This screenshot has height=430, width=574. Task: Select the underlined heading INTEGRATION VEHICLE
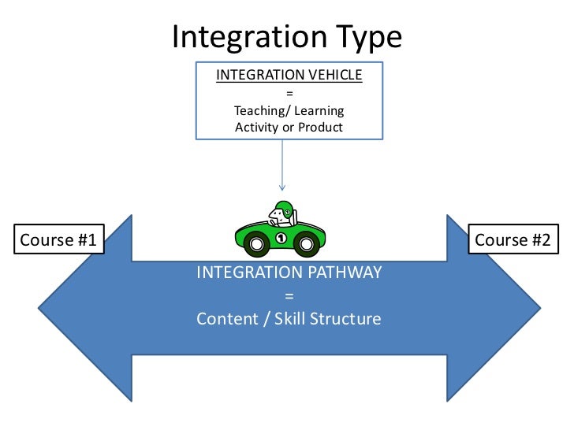(x=289, y=75)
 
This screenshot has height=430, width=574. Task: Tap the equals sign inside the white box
(x=289, y=93)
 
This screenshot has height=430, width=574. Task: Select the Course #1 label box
(x=58, y=240)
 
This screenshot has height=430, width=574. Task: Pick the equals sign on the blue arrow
(x=289, y=296)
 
